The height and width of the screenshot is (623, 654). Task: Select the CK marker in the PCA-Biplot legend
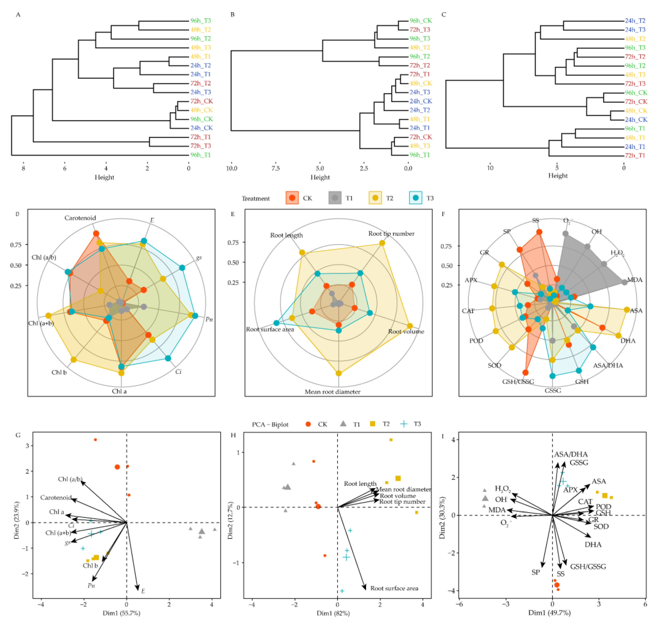[x=308, y=424]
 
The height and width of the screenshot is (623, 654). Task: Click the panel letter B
[x=233, y=15]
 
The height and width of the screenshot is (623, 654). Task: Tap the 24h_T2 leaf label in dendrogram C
[x=635, y=21]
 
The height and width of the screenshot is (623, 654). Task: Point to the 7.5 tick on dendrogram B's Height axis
[x=276, y=168]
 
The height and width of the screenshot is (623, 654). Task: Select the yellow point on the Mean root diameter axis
[x=339, y=373]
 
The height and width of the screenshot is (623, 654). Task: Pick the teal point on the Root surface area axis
[x=276, y=323]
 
